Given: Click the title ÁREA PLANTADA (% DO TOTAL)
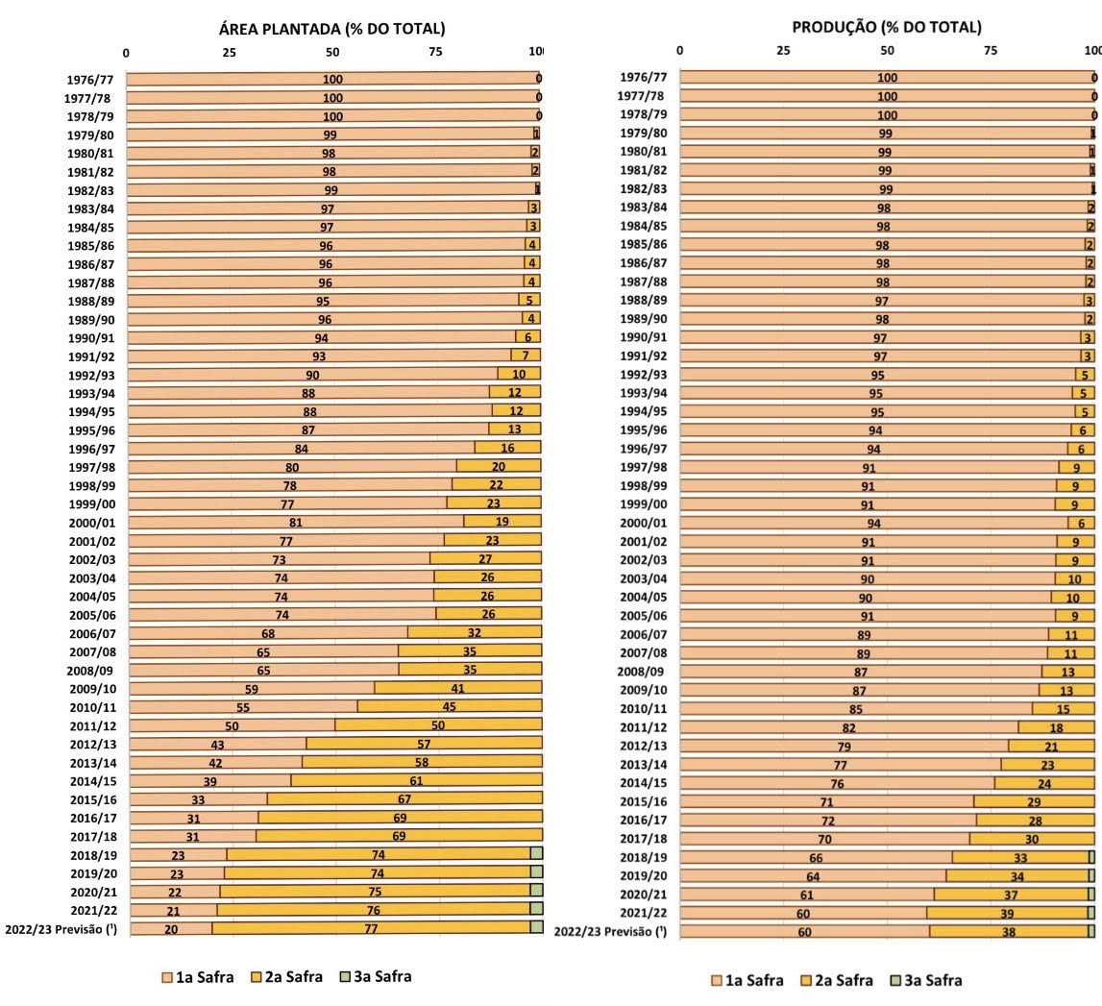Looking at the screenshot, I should [x=332, y=29].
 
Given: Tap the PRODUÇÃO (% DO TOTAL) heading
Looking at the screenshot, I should [x=887, y=27].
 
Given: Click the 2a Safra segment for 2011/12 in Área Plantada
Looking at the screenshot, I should [x=438, y=724].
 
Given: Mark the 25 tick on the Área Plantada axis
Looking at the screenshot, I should [x=229, y=53].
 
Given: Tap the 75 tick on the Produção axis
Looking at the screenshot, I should [x=991, y=50].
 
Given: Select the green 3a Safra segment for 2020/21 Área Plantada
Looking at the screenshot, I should [x=536, y=891].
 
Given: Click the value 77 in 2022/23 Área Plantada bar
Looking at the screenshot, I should [x=372, y=929].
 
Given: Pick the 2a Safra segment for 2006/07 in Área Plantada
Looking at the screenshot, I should [x=475, y=632].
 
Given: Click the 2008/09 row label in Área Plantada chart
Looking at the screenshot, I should [x=91, y=670].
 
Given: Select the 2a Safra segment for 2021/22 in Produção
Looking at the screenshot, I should [x=1007, y=912].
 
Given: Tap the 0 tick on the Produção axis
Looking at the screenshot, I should [x=680, y=50].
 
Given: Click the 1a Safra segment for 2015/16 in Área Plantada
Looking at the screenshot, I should [x=198, y=798].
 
